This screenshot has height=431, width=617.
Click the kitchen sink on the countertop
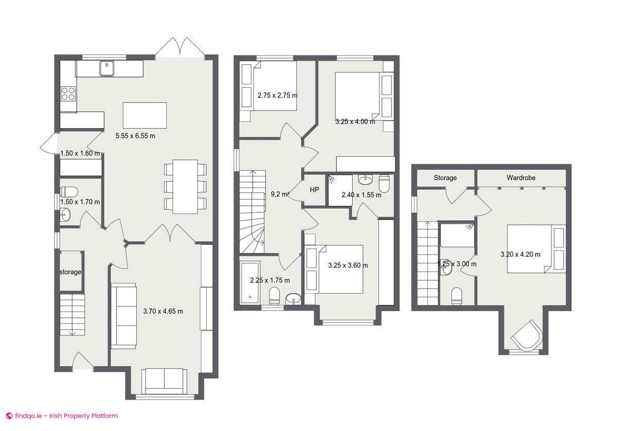click(x=107, y=67)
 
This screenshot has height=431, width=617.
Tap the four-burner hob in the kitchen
click(x=68, y=93)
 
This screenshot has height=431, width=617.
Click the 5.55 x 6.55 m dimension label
click(x=135, y=136)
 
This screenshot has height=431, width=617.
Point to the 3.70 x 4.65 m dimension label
click(x=163, y=311)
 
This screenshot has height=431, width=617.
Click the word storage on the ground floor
click(x=70, y=272)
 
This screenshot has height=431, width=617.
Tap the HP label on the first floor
click(x=315, y=190)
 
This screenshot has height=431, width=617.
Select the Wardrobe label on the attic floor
click(x=521, y=178)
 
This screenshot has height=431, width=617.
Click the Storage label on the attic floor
click(x=445, y=178)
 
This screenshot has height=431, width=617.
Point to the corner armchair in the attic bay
click(x=527, y=336)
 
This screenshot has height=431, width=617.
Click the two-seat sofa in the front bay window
click(x=164, y=381)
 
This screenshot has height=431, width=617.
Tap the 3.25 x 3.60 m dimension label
click(x=348, y=265)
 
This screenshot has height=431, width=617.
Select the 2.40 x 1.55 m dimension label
click(x=361, y=195)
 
